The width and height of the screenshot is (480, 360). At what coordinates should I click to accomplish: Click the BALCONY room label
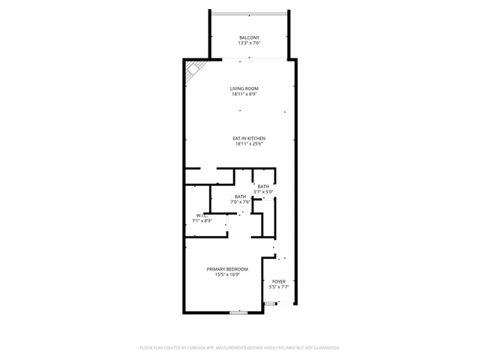[249, 37]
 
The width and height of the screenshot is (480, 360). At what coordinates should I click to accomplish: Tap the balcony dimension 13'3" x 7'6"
[249, 43]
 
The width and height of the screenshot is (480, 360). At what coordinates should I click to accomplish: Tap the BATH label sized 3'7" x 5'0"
[263, 186]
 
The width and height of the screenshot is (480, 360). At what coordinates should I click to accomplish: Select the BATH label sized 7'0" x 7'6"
[240, 196]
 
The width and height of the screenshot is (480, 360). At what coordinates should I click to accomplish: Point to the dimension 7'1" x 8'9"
[202, 221]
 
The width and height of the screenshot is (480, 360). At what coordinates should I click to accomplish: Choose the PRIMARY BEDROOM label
[227, 268]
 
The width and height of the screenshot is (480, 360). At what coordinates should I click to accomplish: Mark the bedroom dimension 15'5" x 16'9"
[227, 274]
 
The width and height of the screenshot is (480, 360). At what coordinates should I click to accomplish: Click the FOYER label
[279, 281]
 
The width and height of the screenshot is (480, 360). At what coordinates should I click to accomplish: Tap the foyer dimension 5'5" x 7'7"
[279, 287]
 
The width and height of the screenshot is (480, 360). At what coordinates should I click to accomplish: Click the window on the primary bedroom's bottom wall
[238, 313]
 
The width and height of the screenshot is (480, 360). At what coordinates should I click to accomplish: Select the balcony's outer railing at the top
[249, 12]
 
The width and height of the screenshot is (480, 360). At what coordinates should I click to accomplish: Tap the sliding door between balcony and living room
[247, 58]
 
